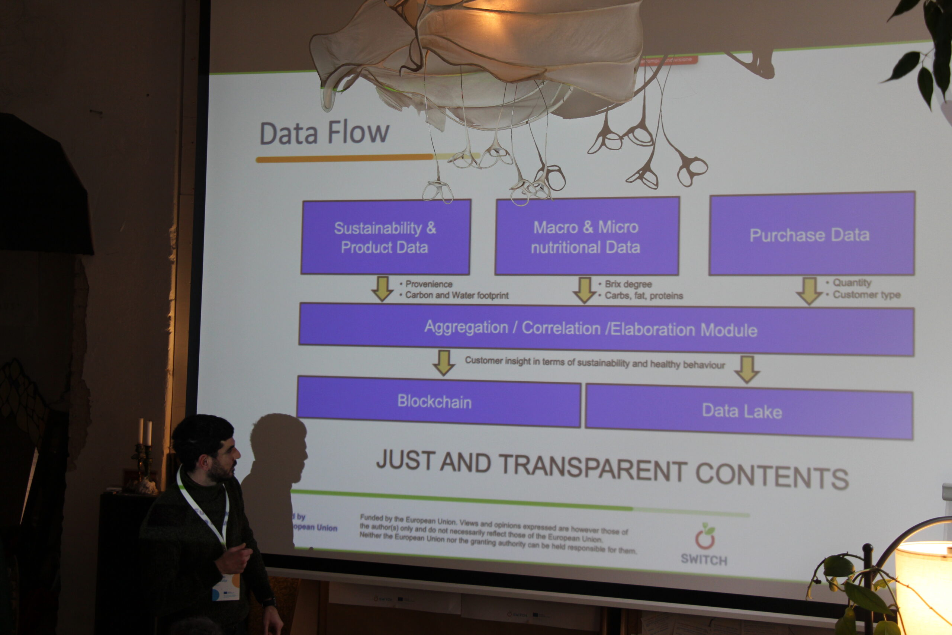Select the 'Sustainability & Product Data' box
coord(385,237)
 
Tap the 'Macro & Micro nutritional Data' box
coord(586,237)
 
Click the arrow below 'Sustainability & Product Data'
coord(382,289)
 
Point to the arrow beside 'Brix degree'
coord(584,290)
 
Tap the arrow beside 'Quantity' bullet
coord(809,291)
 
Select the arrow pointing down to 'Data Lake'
coord(746,369)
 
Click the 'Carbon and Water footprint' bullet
coord(457,295)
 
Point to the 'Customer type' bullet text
coord(866,295)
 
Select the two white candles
coord(145,432)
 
